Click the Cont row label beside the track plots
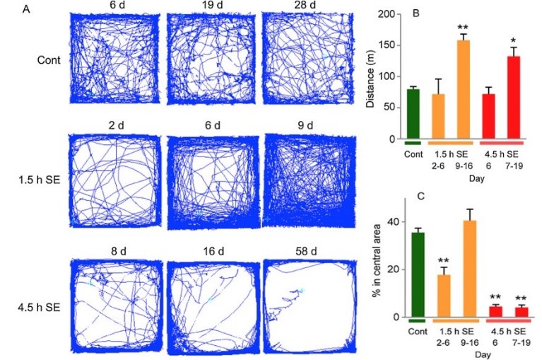(49, 59)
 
